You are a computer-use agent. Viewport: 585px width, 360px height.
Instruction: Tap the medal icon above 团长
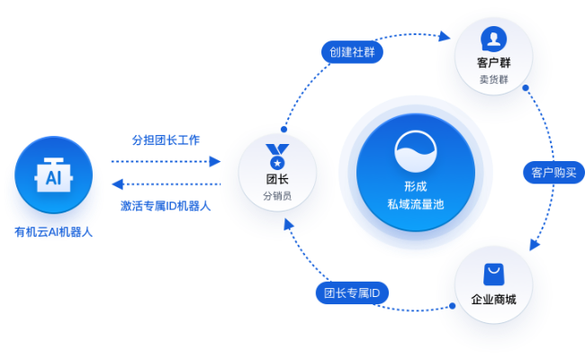[277, 157]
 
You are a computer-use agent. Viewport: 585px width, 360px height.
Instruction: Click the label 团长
[277, 180]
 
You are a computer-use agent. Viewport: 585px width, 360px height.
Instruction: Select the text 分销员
[277, 196]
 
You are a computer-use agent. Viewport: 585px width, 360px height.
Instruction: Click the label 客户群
[492, 63]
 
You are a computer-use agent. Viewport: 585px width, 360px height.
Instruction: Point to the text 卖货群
[492, 79]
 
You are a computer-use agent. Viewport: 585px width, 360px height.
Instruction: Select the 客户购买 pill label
[553, 171]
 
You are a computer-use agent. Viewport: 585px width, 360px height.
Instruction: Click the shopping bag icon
[493, 274]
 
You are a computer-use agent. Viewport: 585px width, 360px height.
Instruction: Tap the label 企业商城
[493, 299]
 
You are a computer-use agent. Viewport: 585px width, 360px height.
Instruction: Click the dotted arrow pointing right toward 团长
[166, 162]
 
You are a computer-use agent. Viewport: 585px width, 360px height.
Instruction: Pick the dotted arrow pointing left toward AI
[166, 184]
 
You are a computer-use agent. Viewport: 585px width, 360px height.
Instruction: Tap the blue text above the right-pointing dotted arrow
[166, 140]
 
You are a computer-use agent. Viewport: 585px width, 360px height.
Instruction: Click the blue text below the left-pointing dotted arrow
[166, 205]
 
